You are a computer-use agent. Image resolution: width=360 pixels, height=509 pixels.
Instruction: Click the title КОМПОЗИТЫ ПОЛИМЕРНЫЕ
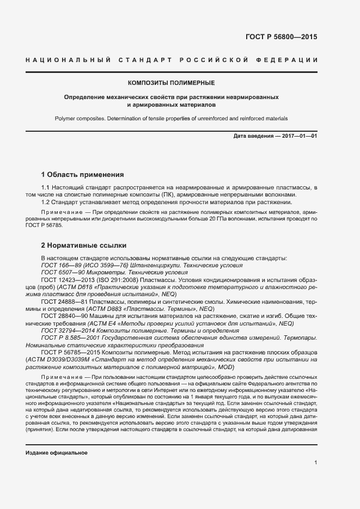[x=171, y=83]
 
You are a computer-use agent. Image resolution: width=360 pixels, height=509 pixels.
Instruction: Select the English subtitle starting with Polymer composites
[x=171, y=118]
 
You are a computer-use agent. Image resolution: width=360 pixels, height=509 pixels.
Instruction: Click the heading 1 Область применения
[x=82, y=175]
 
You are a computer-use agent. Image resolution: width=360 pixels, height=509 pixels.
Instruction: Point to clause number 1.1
[x=46, y=188]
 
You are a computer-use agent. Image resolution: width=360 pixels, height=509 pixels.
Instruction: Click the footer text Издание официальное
[x=57, y=453]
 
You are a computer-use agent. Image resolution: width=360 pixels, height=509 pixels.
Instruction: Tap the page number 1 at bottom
[x=316, y=463]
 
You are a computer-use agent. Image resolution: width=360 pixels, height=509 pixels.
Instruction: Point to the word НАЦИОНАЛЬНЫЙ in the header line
[x=69, y=59]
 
